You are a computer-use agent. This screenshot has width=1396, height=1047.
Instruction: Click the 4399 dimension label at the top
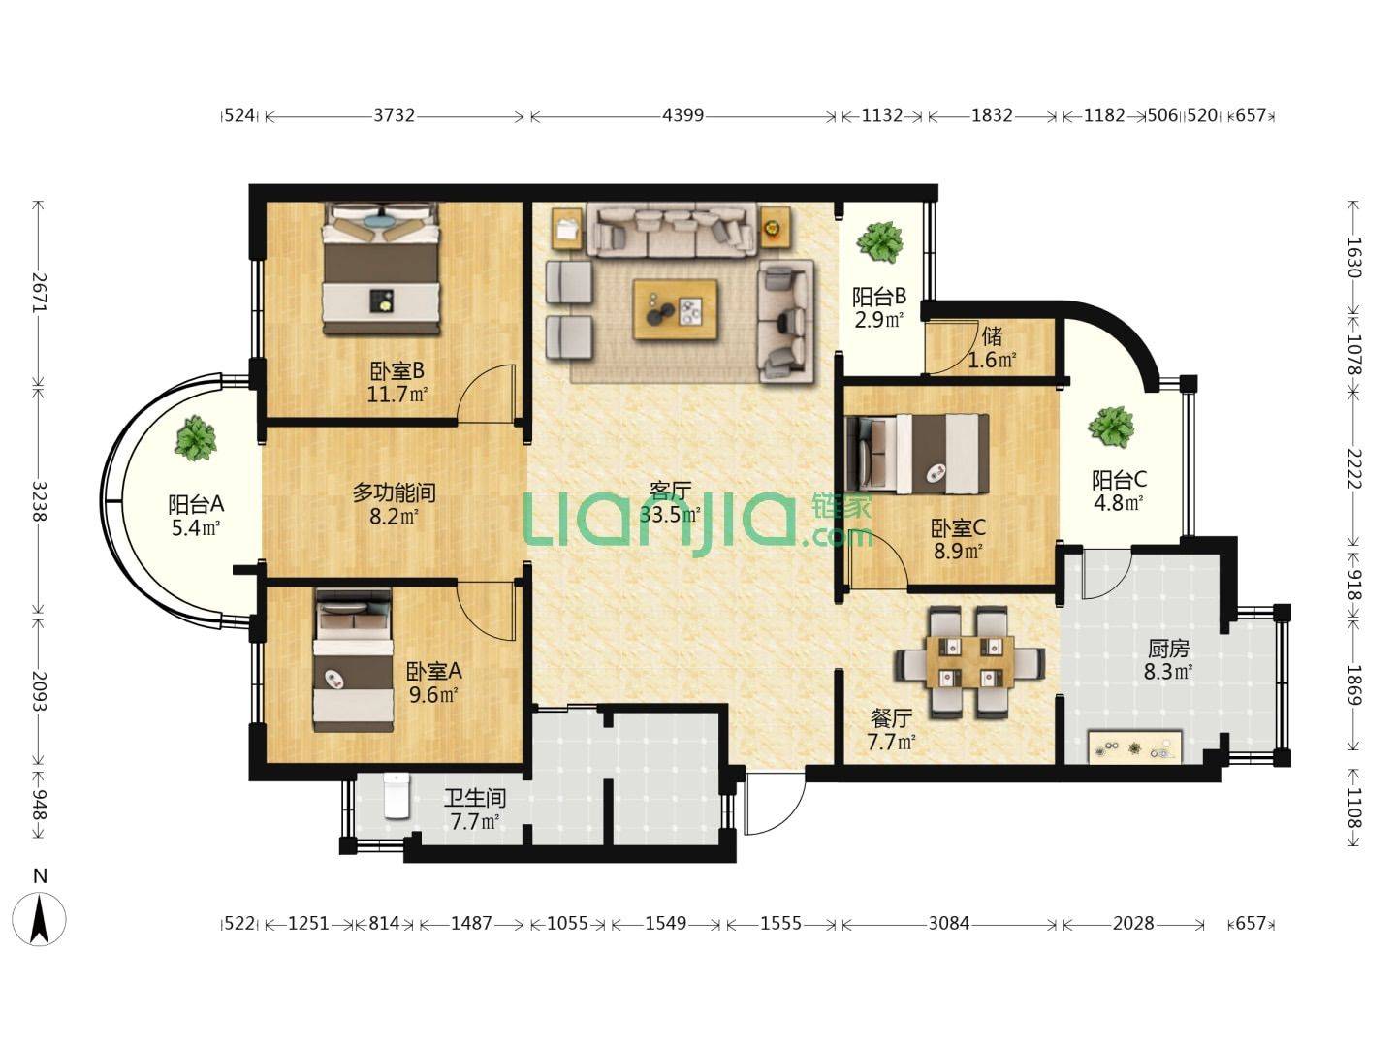tap(683, 115)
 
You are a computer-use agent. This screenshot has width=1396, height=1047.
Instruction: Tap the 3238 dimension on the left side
tap(40, 501)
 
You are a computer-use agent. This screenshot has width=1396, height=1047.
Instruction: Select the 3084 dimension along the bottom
tap(949, 922)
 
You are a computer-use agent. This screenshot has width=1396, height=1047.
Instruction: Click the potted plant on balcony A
tap(195, 438)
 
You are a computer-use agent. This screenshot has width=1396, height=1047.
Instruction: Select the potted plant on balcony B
tap(879, 241)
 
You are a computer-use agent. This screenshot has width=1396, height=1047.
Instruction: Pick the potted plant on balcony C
tap(1110, 428)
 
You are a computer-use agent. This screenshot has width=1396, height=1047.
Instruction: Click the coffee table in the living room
tap(676, 309)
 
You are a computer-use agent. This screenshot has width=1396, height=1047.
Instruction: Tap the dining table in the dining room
tap(969, 661)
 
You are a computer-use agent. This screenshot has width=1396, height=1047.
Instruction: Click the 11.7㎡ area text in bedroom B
tap(397, 395)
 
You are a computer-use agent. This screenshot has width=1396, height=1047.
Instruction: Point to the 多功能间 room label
tap(395, 492)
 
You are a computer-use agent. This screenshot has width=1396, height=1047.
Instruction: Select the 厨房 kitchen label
tap(1168, 649)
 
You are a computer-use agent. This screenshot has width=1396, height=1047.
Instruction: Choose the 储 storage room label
tap(992, 335)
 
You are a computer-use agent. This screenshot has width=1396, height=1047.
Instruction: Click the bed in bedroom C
tap(917, 454)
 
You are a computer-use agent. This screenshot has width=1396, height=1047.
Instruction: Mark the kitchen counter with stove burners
tap(1134, 747)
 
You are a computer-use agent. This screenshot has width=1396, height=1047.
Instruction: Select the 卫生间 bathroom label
tap(474, 797)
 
